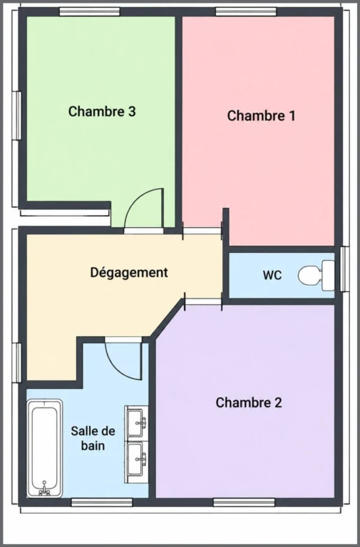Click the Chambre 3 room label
[x=102, y=112]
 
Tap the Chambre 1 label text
[x=261, y=116]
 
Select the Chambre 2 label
[x=249, y=402]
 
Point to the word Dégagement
[x=129, y=273]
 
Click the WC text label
[x=272, y=275]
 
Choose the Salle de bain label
[x=93, y=438]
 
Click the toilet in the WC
[x=316, y=275]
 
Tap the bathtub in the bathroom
[x=45, y=448]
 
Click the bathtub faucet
[x=44, y=489]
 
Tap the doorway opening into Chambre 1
[x=202, y=231]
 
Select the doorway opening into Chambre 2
[x=203, y=301]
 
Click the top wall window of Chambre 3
[x=89, y=11]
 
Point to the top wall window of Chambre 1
[x=246, y=11]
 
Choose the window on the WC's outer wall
[x=344, y=269]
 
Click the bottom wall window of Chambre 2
[x=244, y=502]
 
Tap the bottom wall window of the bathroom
[x=102, y=502]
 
